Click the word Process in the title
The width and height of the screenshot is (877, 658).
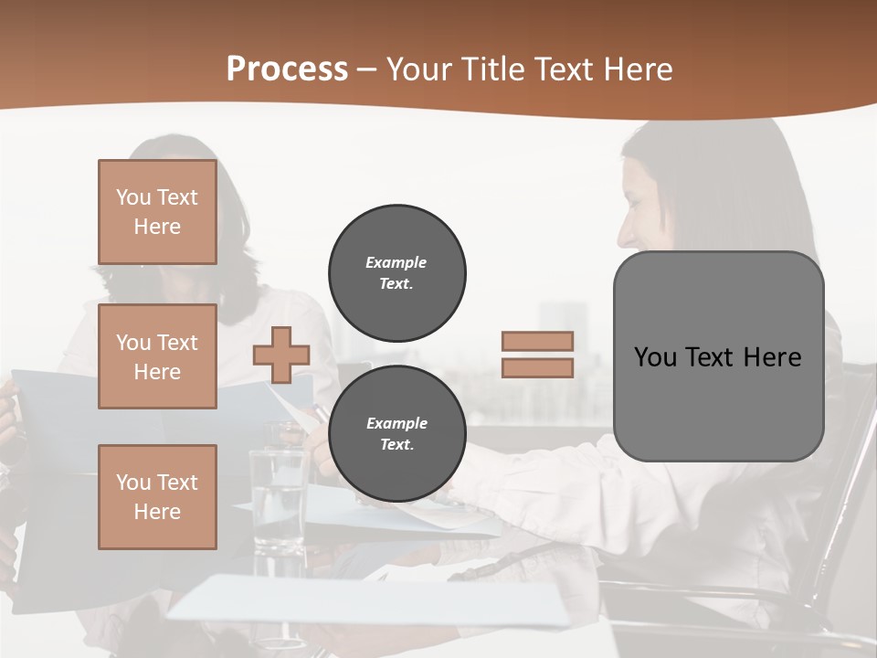(x=287, y=69)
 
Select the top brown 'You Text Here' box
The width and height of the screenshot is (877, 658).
(x=157, y=212)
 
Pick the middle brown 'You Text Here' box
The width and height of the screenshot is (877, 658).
(x=157, y=356)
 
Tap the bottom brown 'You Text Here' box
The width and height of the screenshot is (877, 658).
(x=157, y=497)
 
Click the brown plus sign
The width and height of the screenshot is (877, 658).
(x=281, y=355)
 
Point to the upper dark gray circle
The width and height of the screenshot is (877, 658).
(x=396, y=272)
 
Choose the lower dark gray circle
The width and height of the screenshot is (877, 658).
(x=396, y=433)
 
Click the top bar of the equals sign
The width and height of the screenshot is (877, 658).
(x=537, y=341)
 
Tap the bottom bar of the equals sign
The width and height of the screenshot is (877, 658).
(x=537, y=368)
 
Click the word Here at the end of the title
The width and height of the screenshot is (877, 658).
(x=639, y=69)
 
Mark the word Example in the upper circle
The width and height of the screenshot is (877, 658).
(x=396, y=262)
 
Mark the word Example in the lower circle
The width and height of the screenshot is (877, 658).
(x=396, y=423)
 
